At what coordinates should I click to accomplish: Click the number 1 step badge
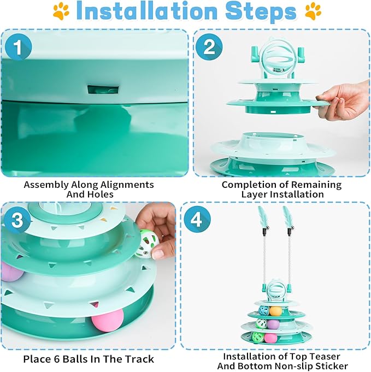click(x=18, y=47)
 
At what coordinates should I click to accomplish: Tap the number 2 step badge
click(x=209, y=47)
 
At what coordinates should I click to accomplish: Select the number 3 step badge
click(x=17, y=220)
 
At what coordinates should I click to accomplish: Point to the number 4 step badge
click(x=197, y=220)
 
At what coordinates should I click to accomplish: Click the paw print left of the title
click(x=61, y=11)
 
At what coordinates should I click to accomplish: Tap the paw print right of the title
click(x=313, y=11)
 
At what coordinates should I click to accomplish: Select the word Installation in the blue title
click(x=147, y=11)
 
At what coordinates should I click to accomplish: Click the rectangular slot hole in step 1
click(x=103, y=90)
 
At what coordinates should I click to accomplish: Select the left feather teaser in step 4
click(x=263, y=249)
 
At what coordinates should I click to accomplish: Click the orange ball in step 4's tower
click(x=275, y=311)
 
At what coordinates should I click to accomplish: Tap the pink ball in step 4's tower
click(x=270, y=338)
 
